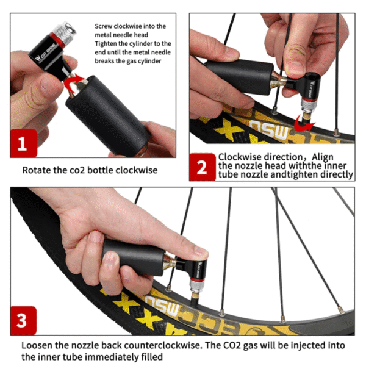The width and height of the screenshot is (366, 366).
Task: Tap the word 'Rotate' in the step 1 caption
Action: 37,170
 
